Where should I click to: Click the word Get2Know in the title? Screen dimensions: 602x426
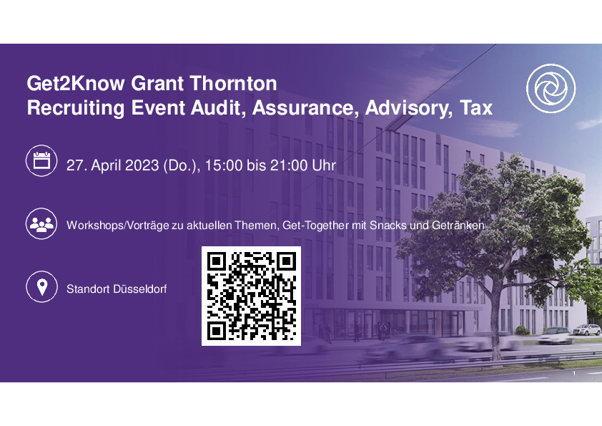(76, 84)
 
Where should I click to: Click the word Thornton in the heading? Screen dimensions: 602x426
(232, 84)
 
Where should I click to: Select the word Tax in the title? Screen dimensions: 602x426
(476, 107)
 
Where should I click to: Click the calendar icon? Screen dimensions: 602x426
(41, 160)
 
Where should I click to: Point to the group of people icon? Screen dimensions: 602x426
(41, 224)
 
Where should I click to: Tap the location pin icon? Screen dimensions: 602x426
(41, 287)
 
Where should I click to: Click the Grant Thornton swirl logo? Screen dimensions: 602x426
(551, 89)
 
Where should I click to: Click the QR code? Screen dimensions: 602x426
(251, 296)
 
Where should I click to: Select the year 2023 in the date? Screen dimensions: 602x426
(142, 165)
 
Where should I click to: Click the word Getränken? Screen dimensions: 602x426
(458, 226)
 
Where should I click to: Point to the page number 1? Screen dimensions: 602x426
(574, 373)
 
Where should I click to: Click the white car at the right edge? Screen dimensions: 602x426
(587, 329)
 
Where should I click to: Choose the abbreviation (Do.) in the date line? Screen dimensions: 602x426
(179, 165)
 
